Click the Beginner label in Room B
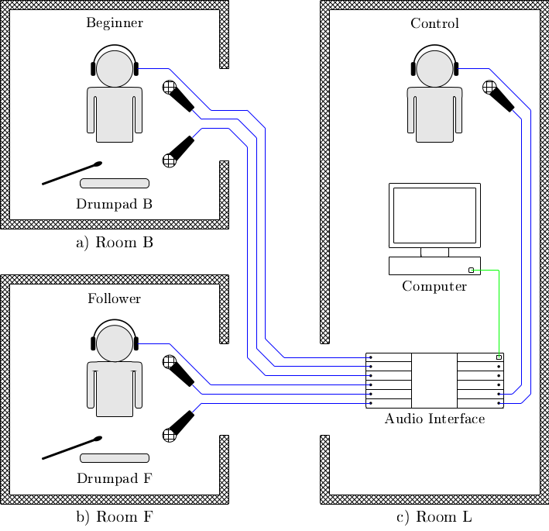coord(115,22)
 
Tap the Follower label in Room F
coord(115,298)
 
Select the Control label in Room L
coord(434,23)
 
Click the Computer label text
coord(434,286)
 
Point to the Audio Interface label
coord(434,419)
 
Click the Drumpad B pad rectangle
coord(115,183)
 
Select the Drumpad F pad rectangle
coord(115,457)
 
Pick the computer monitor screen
coord(434,215)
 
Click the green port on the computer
coord(471,270)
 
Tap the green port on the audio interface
coord(499,357)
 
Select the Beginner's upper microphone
coord(179,96)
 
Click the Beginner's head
coord(115,68)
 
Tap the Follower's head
coord(115,343)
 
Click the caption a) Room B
coord(115,243)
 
